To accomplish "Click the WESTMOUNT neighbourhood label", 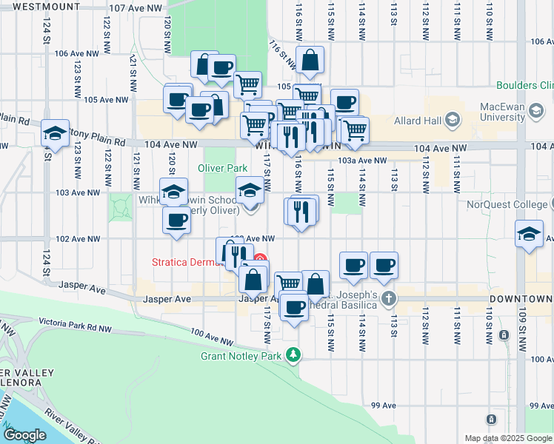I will [x=46, y=6].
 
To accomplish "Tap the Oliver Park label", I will [x=222, y=168].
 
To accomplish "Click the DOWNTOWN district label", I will [x=521, y=299].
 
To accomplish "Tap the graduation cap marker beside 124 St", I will [x=55, y=133].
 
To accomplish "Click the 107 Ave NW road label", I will [x=135, y=7].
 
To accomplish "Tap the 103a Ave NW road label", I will [x=362, y=160].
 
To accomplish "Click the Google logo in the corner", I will [x=25, y=435].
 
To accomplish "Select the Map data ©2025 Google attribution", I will [x=507, y=438].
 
